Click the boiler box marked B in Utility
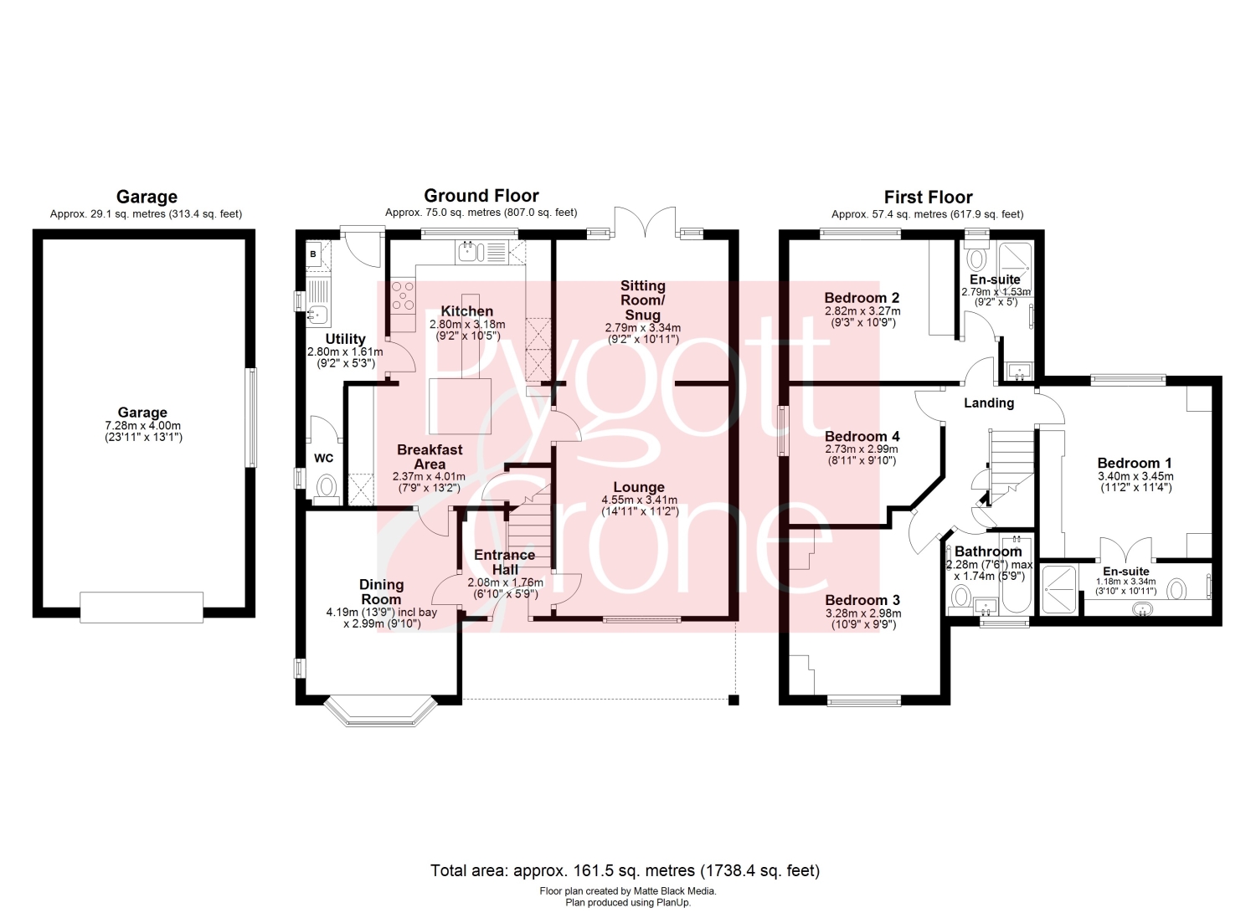313,254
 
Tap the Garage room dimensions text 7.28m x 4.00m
142,427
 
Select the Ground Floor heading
481,196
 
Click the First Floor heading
928,197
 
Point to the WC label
323,459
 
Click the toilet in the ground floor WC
327,486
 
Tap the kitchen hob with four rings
403,295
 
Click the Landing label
989,403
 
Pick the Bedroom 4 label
862,436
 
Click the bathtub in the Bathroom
1016,574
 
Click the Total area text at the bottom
625,871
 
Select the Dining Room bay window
381,712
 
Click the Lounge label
639,488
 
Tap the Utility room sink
317,315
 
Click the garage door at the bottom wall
142,607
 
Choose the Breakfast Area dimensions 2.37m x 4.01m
429,477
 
